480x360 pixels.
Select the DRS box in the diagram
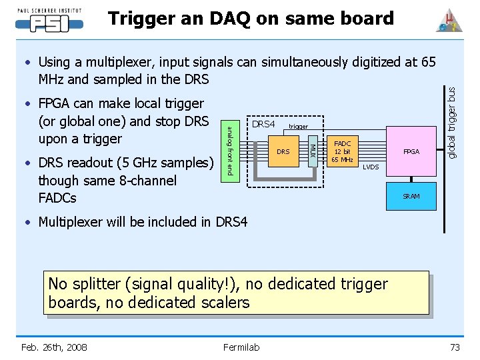pyautogui.click(x=283, y=152)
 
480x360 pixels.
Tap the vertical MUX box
pyautogui.click(x=311, y=152)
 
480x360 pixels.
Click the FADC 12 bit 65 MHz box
pyautogui.click(x=342, y=151)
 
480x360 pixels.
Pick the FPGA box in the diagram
pyautogui.click(x=411, y=152)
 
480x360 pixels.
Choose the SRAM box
pyautogui.click(x=411, y=197)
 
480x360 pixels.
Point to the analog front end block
pyautogui.click(x=229, y=152)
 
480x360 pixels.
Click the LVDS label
pyautogui.click(x=371, y=167)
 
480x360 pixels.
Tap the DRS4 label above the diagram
pyautogui.click(x=264, y=125)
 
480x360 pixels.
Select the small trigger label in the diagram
pyautogui.click(x=298, y=127)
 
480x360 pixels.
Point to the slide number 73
pyautogui.click(x=455, y=347)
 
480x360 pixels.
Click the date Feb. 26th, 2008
pyautogui.click(x=54, y=347)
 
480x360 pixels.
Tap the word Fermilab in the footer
pyautogui.click(x=241, y=347)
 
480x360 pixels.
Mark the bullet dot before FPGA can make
pyautogui.click(x=25, y=104)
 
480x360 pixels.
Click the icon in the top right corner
pyautogui.click(x=448, y=21)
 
